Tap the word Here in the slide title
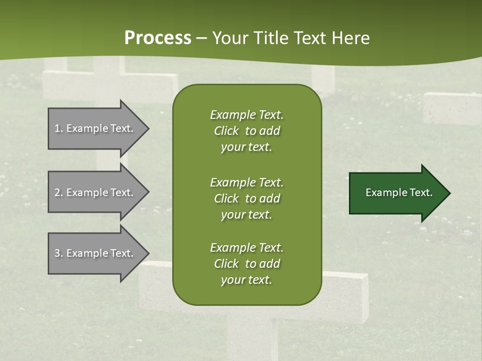click(350, 38)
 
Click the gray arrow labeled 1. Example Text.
click(99, 128)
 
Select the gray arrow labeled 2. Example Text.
click(99, 192)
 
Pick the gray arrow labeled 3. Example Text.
click(99, 253)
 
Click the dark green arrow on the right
click(400, 193)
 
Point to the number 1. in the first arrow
click(59, 128)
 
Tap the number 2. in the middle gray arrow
click(59, 193)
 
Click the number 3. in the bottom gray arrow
click(59, 253)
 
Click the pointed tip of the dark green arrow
click(451, 193)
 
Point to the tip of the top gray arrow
click(150, 128)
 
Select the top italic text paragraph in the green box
click(247, 131)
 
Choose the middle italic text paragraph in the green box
click(247, 199)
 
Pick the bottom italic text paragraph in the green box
click(247, 264)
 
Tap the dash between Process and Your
click(202, 39)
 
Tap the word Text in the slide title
click(310, 38)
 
